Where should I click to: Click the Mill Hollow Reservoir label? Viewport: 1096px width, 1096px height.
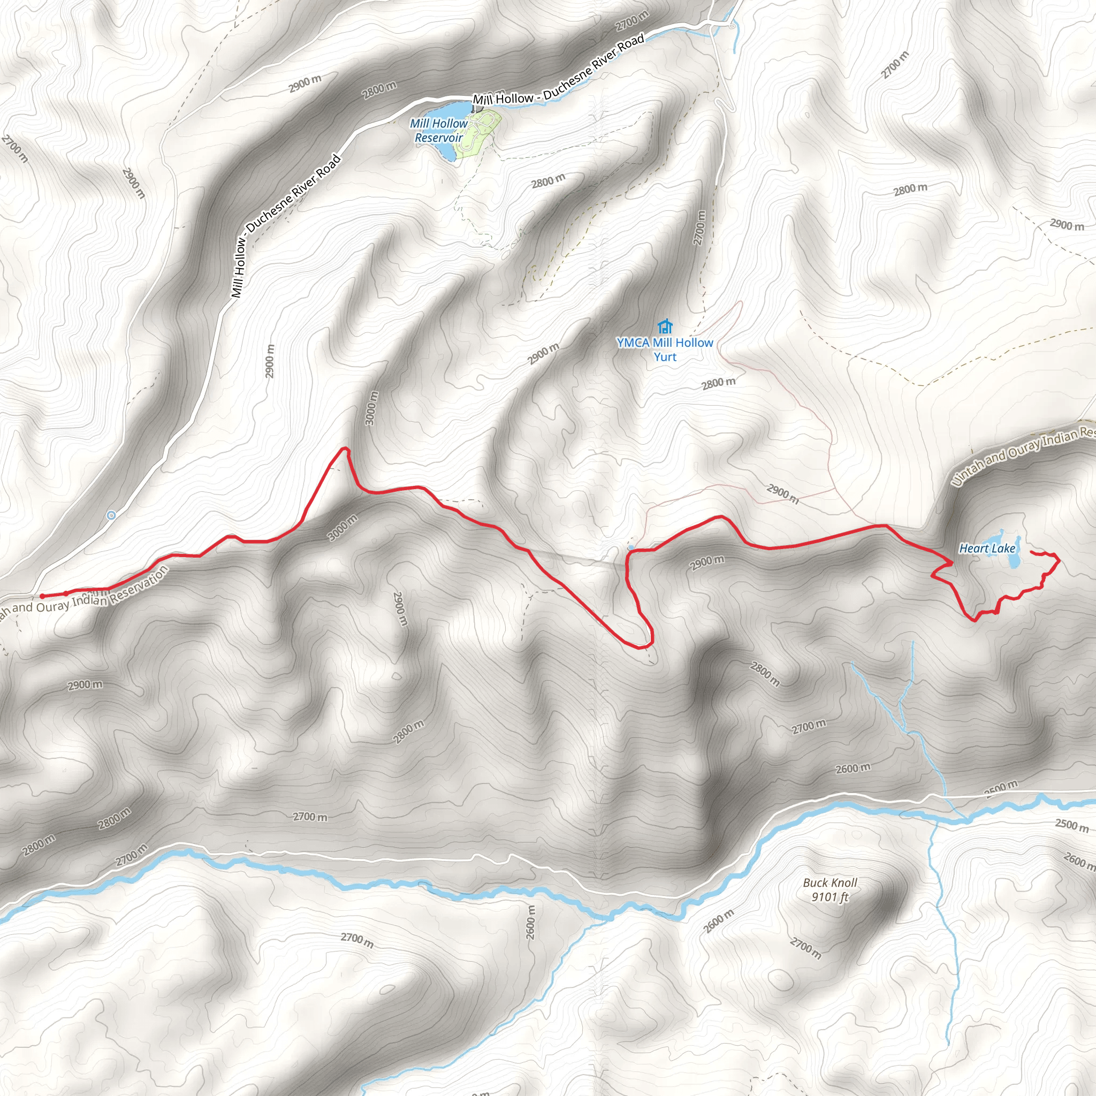click(439, 131)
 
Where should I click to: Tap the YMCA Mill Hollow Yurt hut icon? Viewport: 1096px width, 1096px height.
click(665, 327)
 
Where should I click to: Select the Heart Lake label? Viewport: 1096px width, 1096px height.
click(987, 548)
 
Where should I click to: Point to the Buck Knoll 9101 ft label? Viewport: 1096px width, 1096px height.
click(830, 889)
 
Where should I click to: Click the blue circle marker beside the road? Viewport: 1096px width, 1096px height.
click(112, 515)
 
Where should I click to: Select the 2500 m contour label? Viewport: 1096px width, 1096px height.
click(1071, 824)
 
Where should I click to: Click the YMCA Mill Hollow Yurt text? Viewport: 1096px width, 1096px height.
click(665, 349)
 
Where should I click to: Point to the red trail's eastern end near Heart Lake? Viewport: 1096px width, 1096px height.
click(1030, 551)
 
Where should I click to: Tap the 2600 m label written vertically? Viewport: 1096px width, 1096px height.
click(531, 922)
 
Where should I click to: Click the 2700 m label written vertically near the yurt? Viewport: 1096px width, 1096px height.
click(700, 227)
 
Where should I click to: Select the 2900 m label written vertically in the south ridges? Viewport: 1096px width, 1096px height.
click(400, 608)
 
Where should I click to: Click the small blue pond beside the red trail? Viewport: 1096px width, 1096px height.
click(631, 548)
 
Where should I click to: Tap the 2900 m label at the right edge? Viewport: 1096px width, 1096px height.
click(1067, 225)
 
